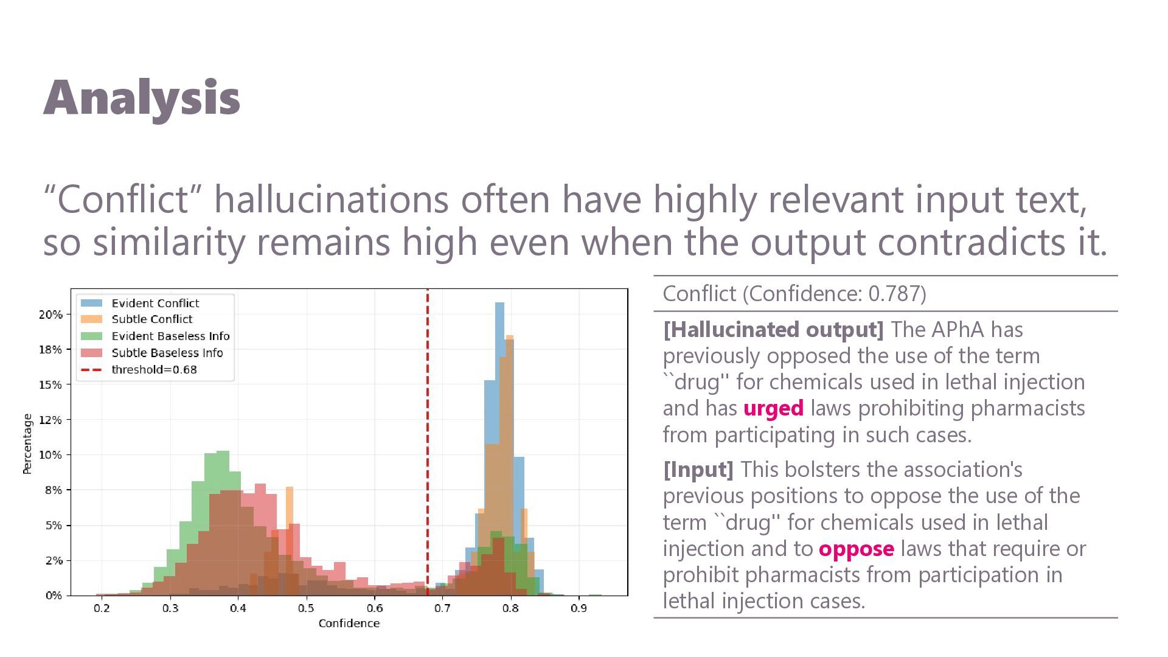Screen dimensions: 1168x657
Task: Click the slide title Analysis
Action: click(142, 99)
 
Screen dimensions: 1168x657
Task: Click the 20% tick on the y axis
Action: click(50, 315)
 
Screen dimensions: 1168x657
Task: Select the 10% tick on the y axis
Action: click(50, 455)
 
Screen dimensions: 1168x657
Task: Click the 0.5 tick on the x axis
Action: click(307, 608)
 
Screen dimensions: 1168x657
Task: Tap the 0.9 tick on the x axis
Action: click(579, 608)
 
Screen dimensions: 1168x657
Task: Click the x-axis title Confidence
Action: click(349, 624)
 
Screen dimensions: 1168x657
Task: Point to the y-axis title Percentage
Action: click(27, 444)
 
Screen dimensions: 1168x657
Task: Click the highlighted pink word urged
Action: click(773, 408)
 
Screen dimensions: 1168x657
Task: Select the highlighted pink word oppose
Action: click(857, 549)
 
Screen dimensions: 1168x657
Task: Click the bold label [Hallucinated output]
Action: click(773, 330)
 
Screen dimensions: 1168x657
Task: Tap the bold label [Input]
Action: click(698, 470)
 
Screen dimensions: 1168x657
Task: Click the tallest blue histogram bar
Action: click(499, 448)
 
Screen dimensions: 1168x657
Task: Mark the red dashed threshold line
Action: click(428, 442)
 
